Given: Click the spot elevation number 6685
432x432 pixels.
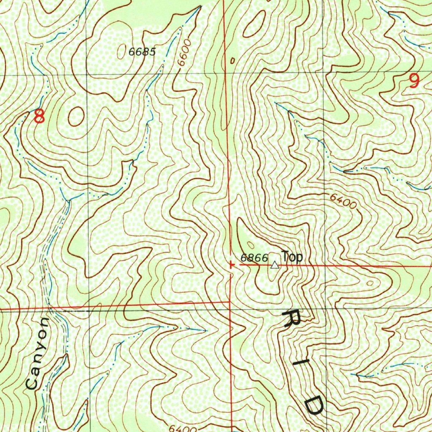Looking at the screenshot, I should click(143, 52).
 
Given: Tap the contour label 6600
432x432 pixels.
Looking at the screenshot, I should click(184, 53).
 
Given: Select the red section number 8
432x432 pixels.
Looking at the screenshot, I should click(39, 116).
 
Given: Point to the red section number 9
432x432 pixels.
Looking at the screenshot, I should click(414, 81).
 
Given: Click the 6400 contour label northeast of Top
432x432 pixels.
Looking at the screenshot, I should click(343, 201).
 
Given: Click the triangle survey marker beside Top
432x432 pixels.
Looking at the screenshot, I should click(275, 265).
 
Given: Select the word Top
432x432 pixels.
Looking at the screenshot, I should click(292, 256).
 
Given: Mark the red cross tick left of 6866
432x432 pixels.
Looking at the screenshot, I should click(231, 265).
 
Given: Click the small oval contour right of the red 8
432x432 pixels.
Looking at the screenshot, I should click(76, 116).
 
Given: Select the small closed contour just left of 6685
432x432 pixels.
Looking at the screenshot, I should click(123, 49).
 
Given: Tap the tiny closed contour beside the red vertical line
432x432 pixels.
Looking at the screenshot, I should click(232, 61).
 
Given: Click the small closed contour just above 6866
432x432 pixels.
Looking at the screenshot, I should click(251, 244).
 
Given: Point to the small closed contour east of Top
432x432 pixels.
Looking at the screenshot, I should click(370, 283).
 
